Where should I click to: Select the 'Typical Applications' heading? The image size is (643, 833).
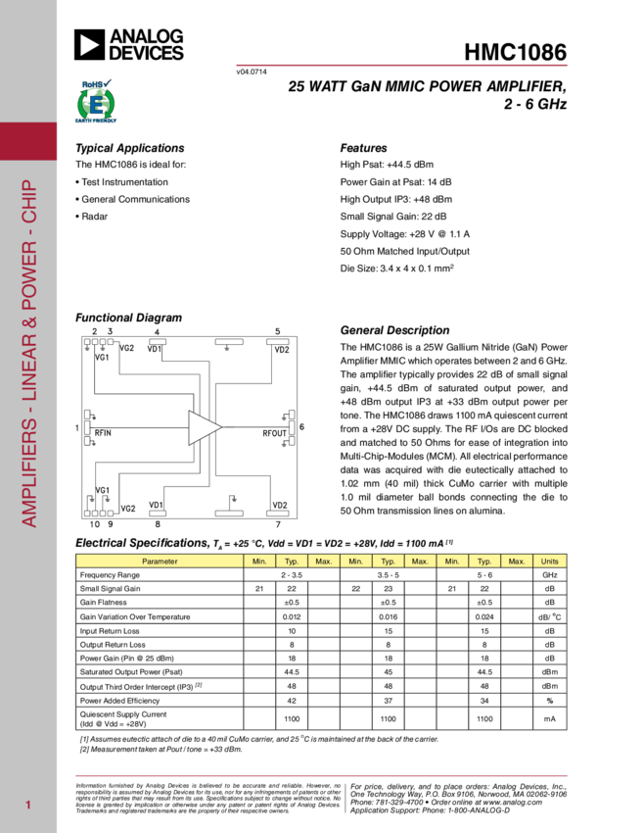pyautogui.click(x=129, y=148)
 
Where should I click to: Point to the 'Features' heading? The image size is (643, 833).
pyautogui.click(x=363, y=148)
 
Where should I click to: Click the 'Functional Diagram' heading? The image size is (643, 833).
pyautogui.click(x=129, y=318)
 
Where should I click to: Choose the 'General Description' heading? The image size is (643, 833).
pyautogui.click(x=394, y=330)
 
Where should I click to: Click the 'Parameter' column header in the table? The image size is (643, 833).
pyautogui.click(x=160, y=561)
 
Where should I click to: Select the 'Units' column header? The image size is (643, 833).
pyautogui.click(x=549, y=561)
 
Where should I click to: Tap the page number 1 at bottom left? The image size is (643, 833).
pyautogui.click(x=29, y=806)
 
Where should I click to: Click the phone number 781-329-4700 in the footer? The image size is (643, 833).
pyautogui.click(x=395, y=802)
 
